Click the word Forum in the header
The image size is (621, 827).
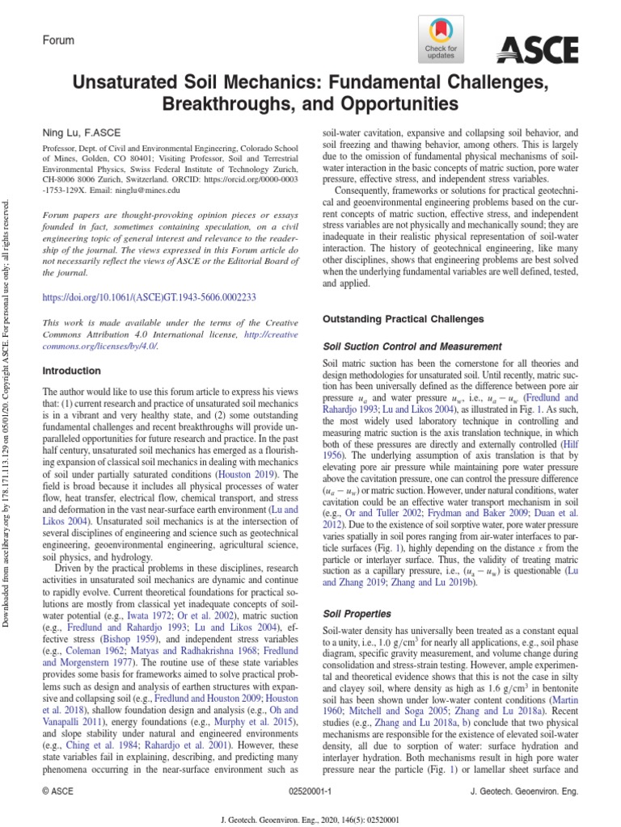tap(58, 40)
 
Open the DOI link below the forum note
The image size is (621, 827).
tap(149, 296)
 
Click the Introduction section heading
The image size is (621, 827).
tap(71, 371)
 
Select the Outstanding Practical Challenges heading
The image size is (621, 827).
tap(403, 319)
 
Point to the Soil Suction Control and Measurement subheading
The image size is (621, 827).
tap(412, 346)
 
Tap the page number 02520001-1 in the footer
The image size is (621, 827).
tap(310, 792)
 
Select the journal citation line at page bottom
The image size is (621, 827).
tap(310, 819)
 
